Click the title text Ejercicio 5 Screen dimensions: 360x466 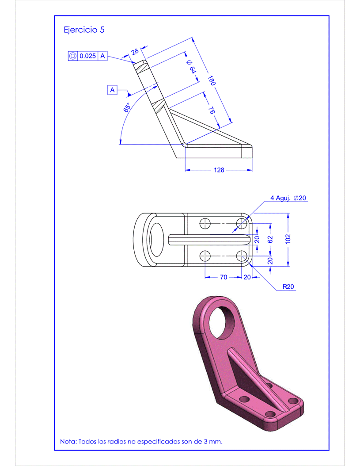pos(84,30)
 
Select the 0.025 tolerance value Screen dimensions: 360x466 pos(87,56)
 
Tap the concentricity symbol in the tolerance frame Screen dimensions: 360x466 pos(73,56)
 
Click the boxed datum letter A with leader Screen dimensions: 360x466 pos(112,90)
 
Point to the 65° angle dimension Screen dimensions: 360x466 pos(127,107)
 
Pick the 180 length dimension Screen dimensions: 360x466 pos(211,80)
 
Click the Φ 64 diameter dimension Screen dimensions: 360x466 pos(191,67)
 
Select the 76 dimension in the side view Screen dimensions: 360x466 pos(211,110)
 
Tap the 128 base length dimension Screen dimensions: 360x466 pos(219,170)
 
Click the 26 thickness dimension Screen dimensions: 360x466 pos(135,51)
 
